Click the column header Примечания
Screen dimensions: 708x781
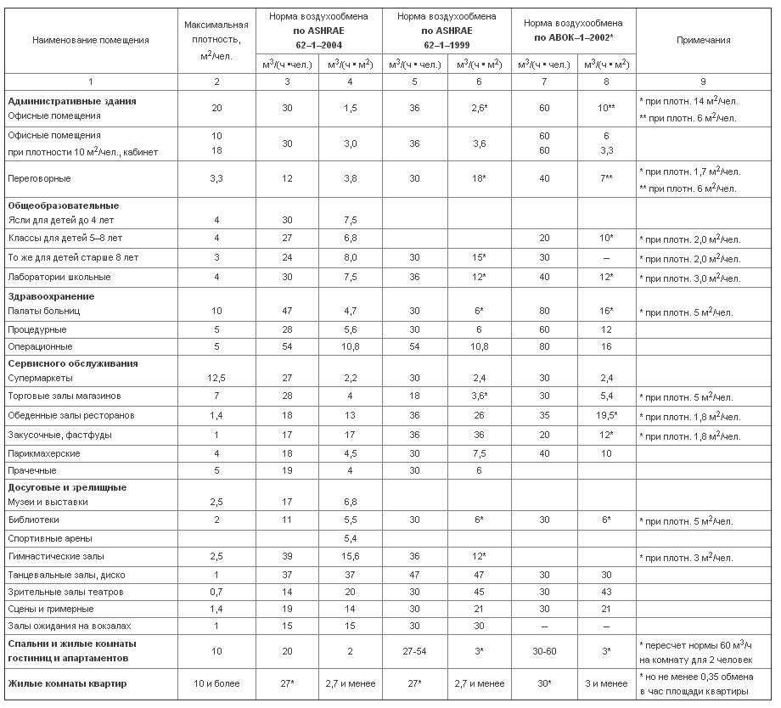(x=704, y=40)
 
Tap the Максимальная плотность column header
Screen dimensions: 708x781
(x=216, y=40)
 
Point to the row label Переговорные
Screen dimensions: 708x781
(x=39, y=179)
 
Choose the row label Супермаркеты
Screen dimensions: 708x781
(x=40, y=378)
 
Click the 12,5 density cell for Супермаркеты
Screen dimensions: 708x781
(x=216, y=378)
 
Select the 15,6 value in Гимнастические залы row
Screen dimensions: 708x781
(x=350, y=557)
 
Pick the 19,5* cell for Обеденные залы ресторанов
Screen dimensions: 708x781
(x=606, y=416)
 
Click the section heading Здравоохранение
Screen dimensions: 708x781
(x=51, y=296)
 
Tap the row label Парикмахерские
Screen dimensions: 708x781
(x=44, y=453)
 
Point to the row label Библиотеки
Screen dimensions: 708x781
(x=33, y=520)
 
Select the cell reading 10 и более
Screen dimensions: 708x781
(x=216, y=683)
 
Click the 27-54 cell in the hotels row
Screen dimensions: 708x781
(x=414, y=650)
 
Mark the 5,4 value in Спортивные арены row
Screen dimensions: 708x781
(x=350, y=538)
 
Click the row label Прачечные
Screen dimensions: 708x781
(x=32, y=470)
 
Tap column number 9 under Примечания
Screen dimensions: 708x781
(x=704, y=81)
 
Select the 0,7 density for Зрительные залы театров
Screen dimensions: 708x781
(x=216, y=592)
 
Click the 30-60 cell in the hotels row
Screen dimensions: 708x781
(x=543, y=650)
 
